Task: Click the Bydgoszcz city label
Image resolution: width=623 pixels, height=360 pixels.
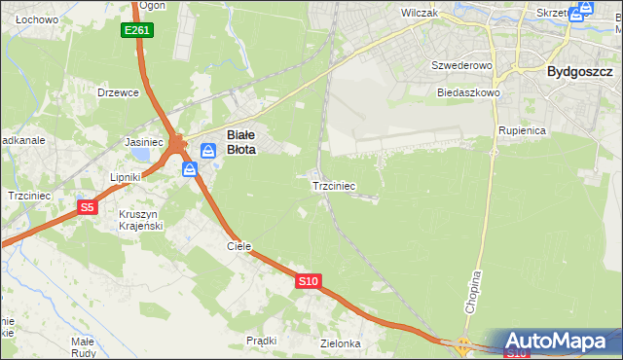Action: (579, 72)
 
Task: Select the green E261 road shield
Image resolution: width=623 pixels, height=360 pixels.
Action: (137, 31)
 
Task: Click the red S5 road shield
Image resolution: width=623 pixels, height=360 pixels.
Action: (88, 206)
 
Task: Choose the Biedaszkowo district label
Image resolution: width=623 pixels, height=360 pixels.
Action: (468, 92)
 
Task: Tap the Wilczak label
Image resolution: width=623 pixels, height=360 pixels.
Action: (421, 14)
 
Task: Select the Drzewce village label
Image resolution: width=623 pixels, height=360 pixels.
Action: (119, 92)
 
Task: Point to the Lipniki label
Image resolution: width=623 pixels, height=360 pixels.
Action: (126, 178)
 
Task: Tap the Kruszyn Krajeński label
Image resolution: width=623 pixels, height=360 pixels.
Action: (140, 220)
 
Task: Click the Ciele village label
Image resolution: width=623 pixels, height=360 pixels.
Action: (239, 247)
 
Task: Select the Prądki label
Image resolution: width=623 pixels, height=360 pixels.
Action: (262, 341)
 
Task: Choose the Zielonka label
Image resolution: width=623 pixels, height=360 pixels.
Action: (341, 343)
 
